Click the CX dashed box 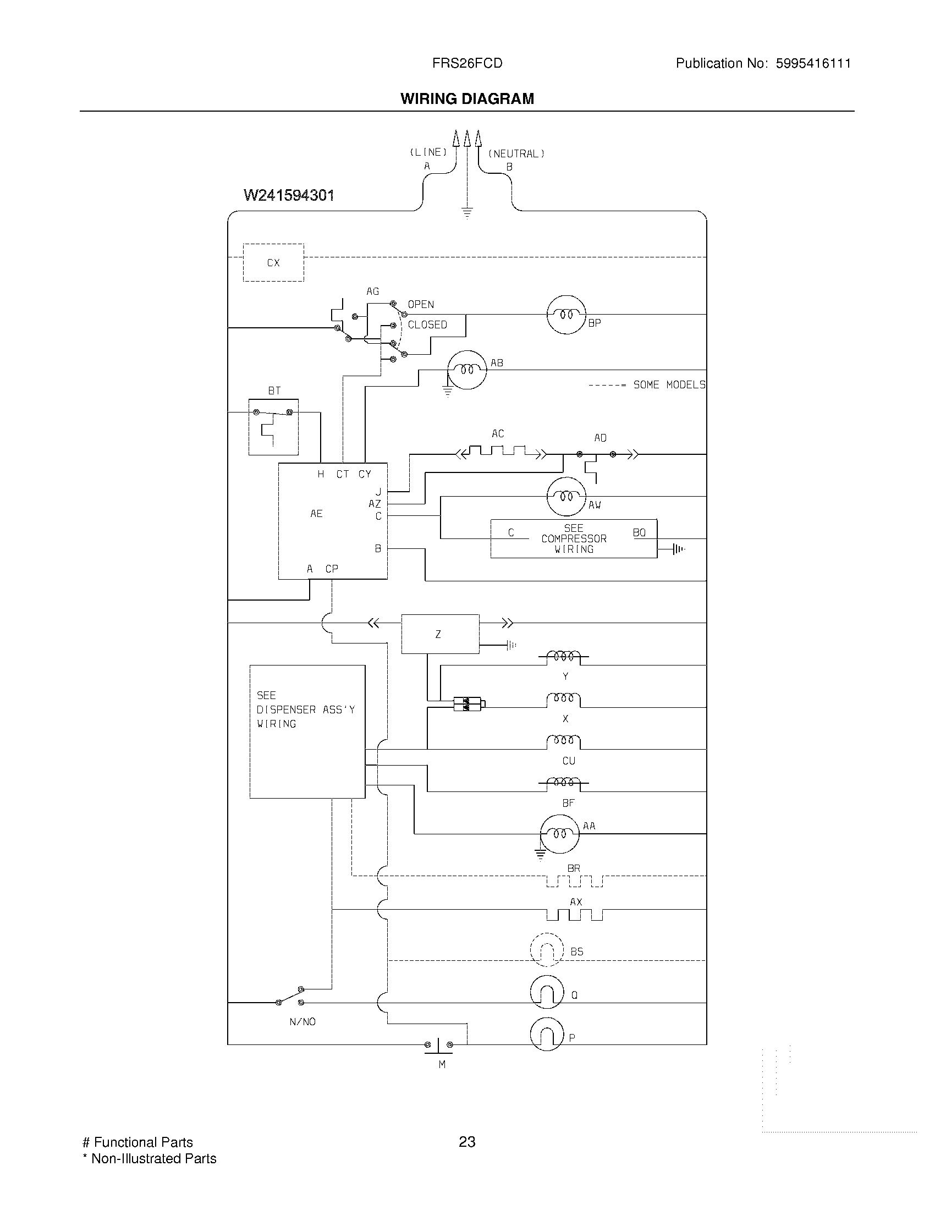pos(273,262)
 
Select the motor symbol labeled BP pos(566,314)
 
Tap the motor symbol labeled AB pos(466,370)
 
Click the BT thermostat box pos(273,427)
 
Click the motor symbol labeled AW pos(565,497)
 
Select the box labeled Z pos(440,634)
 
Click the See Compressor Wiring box pos(573,538)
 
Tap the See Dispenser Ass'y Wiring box pos(307,732)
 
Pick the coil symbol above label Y pos(564,657)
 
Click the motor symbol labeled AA pos(559,834)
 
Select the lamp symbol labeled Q pos(547,992)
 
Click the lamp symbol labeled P pos(547,1034)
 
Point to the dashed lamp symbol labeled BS pos(547,950)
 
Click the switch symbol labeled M pos(438,1045)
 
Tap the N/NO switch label pos(302,1022)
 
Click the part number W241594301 pos(289,196)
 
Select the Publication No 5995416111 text pos(763,63)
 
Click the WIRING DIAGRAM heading pos(467,98)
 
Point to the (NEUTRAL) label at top pos(516,153)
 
